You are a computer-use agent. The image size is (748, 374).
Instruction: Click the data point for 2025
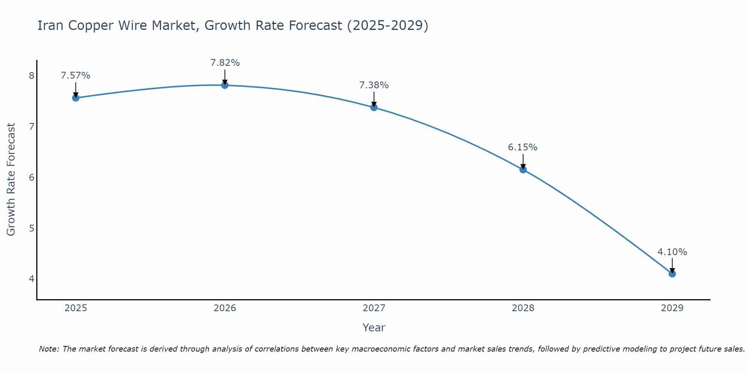pyautogui.click(x=76, y=98)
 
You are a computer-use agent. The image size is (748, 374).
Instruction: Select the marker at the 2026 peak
pyautogui.click(x=225, y=85)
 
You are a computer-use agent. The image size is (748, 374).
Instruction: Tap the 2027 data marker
pyautogui.click(x=374, y=107)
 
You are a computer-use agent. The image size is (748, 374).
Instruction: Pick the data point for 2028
pyautogui.click(x=523, y=170)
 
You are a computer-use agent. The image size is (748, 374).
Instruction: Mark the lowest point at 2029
pyautogui.click(x=672, y=274)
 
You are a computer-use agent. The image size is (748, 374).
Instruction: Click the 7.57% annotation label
pyautogui.click(x=76, y=76)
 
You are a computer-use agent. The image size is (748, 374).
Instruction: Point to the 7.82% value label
pyautogui.click(x=225, y=63)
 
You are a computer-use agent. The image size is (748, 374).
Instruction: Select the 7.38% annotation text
pyautogui.click(x=374, y=85)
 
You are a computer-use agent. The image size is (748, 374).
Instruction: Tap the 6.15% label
pyautogui.click(x=523, y=147)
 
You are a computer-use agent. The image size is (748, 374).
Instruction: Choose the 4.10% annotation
pyautogui.click(x=672, y=252)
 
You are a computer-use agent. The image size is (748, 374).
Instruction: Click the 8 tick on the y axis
pyautogui.click(x=31, y=76)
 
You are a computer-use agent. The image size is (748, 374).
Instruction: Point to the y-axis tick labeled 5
pyautogui.click(x=31, y=228)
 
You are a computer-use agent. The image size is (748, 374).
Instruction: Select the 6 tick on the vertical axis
pyautogui.click(x=31, y=177)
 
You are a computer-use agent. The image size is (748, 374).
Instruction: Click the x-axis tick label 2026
pyautogui.click(x=225, y=308)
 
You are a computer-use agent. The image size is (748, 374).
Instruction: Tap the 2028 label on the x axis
pyautogui.click(x=523, y=308)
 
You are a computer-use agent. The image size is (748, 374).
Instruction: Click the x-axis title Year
pyautogui.click(x=374, y=328)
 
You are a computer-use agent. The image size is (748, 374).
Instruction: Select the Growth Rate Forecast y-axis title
pyautogui.click(x=11, y=180)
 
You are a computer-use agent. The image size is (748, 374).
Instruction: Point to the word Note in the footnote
pyautogui.click(x=49, y=349)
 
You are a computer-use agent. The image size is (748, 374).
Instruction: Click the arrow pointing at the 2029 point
pyautogui.click(x=672, y=265)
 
